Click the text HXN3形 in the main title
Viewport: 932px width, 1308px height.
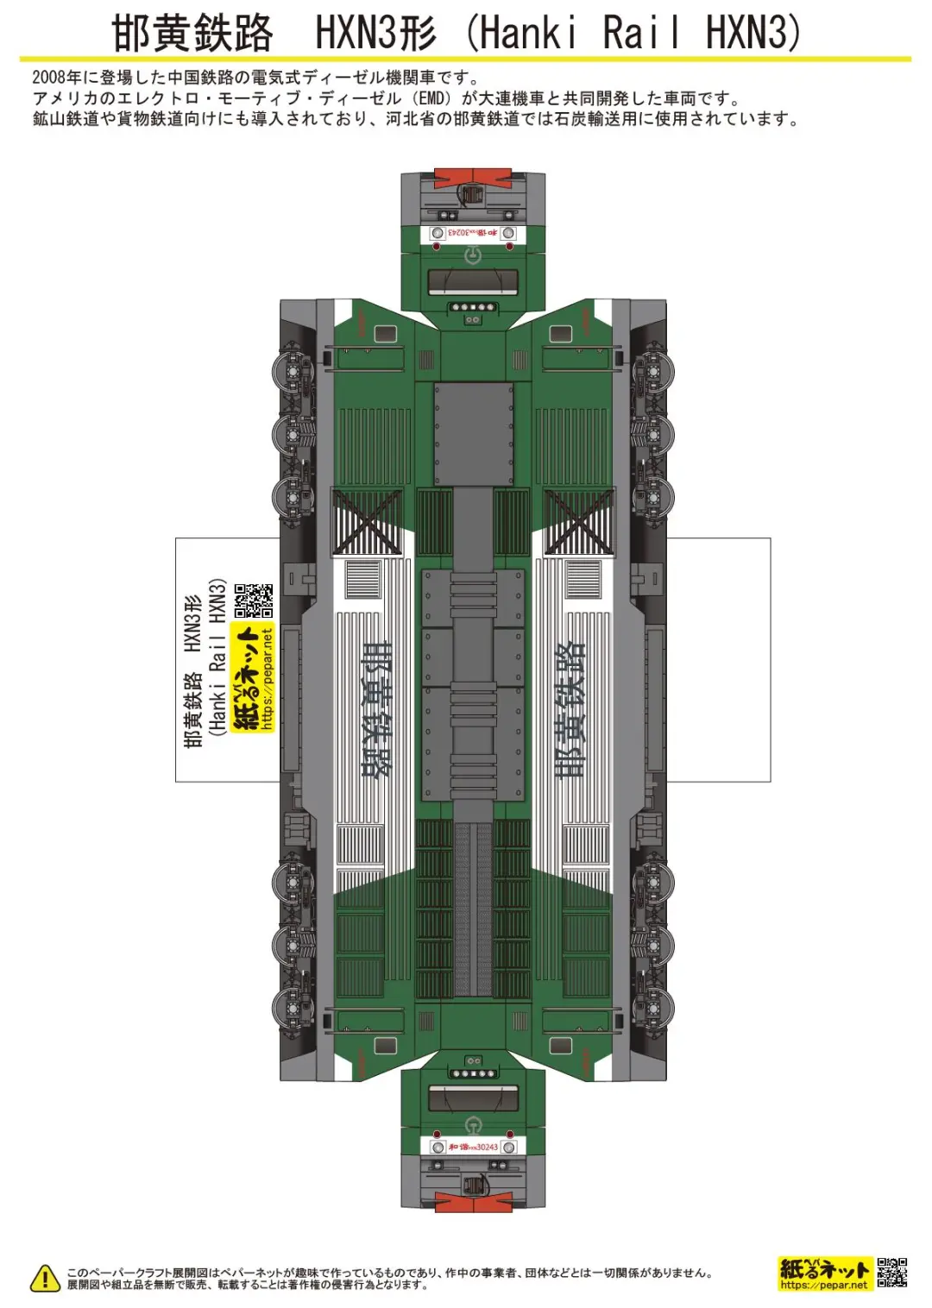[375, 35]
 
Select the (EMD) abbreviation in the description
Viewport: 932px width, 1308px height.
[434, 98]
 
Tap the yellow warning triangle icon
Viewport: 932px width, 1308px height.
[45, 1278]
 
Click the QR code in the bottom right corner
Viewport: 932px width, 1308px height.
[891, 1273]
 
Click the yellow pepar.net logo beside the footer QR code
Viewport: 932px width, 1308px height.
[824, 1273]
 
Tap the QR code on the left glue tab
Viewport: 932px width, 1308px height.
[254, 601]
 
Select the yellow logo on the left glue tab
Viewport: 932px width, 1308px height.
[253, 677]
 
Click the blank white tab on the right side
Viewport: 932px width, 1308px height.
[718, 660]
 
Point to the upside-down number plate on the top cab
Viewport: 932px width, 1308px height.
[473, 233]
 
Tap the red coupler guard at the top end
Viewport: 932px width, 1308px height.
[473, 179]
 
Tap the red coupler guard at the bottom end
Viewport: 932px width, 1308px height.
[473, 1200]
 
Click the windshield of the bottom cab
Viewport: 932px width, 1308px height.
[473, 1097]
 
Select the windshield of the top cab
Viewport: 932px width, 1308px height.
[473, 282]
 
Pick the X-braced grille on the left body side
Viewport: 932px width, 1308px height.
[367, 521]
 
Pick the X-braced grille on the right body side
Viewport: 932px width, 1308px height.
[579, 521]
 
